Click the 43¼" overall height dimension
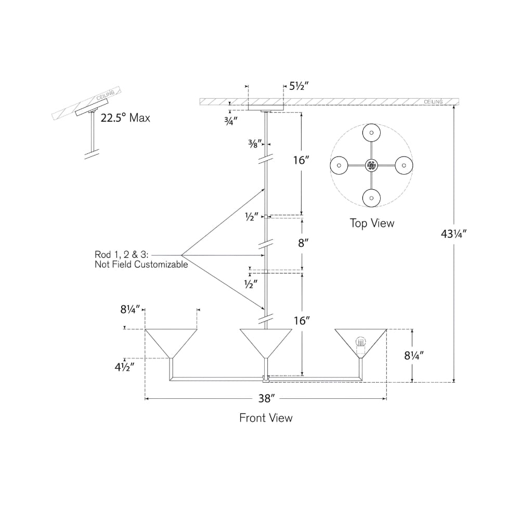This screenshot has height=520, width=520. [453, 234]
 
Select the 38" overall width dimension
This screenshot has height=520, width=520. [266, 398]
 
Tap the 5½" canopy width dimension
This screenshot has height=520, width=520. [299, 86]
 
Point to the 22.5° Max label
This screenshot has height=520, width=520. [125, 118]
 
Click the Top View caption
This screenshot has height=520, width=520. [372, 223]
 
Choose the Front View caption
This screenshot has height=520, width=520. [266, 418]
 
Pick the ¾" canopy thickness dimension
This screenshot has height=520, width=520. [231, 121]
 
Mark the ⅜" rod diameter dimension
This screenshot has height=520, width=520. [255, 144]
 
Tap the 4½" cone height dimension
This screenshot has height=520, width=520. [124, 367]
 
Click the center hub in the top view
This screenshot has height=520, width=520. [371, 165]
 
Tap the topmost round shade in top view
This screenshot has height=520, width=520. [371, 133]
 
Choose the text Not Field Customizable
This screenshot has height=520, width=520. [141, 265]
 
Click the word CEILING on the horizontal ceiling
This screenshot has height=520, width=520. [433, 102]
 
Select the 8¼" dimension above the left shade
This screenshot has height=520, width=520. [130, 309]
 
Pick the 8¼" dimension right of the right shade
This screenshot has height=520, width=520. [414, 356]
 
